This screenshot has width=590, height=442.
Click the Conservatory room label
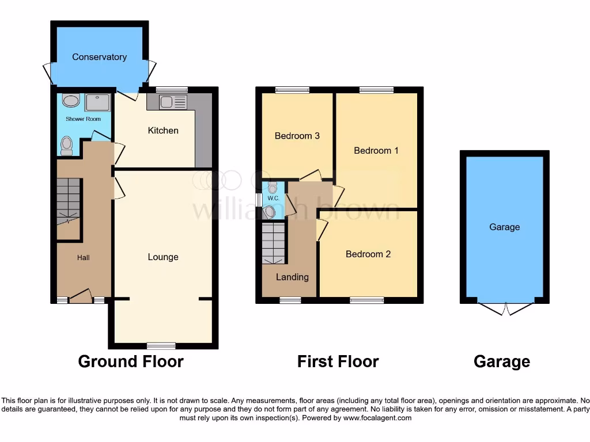(x=99, y=57)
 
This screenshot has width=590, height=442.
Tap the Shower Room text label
(x=83, y=119)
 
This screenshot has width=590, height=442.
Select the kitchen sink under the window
(x=172, y=102)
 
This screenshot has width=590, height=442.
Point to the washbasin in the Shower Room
(x=71, y=101)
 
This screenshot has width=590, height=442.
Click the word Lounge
(x=163, y=257)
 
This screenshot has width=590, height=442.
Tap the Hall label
(x=84, y=258)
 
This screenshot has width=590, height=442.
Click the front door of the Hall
(x=81, y=296)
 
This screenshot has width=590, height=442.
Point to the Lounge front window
(x=161, y=345)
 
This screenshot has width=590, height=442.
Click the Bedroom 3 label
(x=297, y=136)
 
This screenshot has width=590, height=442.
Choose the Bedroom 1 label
(x=376, y=150)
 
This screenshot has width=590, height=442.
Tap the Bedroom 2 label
(x=368, y=254)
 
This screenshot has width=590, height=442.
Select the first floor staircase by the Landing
(x=274, y=243)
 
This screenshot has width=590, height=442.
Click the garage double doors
(x=504, y=308)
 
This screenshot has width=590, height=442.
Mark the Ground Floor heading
(x=131, y=361)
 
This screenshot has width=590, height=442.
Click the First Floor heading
(x=338, y=361)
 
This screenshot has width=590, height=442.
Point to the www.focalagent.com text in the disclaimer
(x=377, y=418)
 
